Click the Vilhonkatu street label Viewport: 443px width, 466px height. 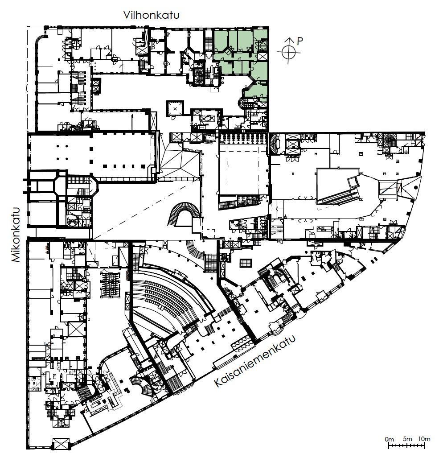coord(152,15)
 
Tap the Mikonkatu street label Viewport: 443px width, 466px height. coord(16,235)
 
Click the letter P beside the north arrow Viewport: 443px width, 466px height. coord(300,41)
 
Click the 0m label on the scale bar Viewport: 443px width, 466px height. coord(389,439)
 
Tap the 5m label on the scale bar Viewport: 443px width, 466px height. coord(408,439)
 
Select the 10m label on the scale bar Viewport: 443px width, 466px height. coord(424,439)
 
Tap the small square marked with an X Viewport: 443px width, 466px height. coord(175,109)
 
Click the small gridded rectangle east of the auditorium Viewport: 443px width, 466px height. coord(246,263)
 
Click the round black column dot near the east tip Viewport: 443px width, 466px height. coord(415,187)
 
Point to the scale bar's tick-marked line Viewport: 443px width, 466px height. coord(407,445)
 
